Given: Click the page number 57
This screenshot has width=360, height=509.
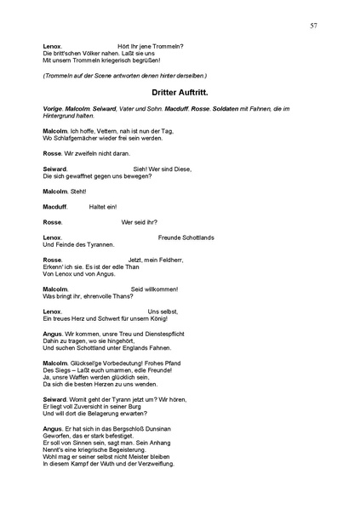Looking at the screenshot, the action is (314, 26).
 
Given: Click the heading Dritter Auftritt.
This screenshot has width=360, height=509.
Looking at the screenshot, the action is (180, 91).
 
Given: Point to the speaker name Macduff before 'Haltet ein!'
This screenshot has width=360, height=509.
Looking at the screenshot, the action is (55, 206).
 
